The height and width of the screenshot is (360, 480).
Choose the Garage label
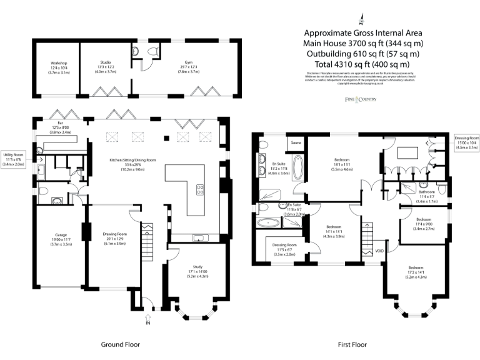59,237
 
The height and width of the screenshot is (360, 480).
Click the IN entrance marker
147,322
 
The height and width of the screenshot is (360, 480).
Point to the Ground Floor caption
120,344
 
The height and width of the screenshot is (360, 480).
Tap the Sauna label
296,143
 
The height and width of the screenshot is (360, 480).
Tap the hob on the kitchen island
200,188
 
